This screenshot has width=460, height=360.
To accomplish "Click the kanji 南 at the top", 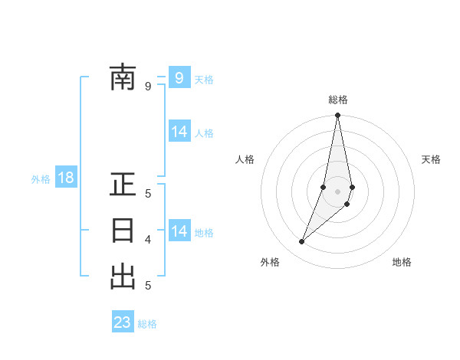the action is click(123, 78).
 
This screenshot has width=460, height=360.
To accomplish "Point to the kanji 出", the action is click(123, 276).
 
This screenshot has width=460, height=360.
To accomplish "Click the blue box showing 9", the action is click(179, 78).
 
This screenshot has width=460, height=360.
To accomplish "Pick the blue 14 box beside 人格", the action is click(179, 132).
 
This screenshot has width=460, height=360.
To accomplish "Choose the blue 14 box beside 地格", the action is click(179, 231).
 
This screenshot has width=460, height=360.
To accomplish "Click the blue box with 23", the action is click(123, 322).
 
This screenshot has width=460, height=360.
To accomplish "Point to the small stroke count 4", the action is click(148, 240).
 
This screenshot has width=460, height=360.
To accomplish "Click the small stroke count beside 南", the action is click(148, 87).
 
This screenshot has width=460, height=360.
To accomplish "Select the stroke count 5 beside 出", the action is click(148, 286).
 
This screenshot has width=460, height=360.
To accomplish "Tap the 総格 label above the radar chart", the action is click(338, 100).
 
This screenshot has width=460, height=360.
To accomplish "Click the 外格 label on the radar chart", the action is click(270, 262).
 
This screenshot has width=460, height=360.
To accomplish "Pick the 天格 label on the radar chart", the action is click(431, 159).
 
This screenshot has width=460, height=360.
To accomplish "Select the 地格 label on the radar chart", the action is click(402, 262).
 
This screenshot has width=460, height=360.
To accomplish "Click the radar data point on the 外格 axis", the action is click(302, 242).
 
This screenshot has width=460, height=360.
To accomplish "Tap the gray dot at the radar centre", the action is click(338, 191).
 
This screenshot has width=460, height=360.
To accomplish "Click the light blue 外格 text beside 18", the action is click(41, 179).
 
